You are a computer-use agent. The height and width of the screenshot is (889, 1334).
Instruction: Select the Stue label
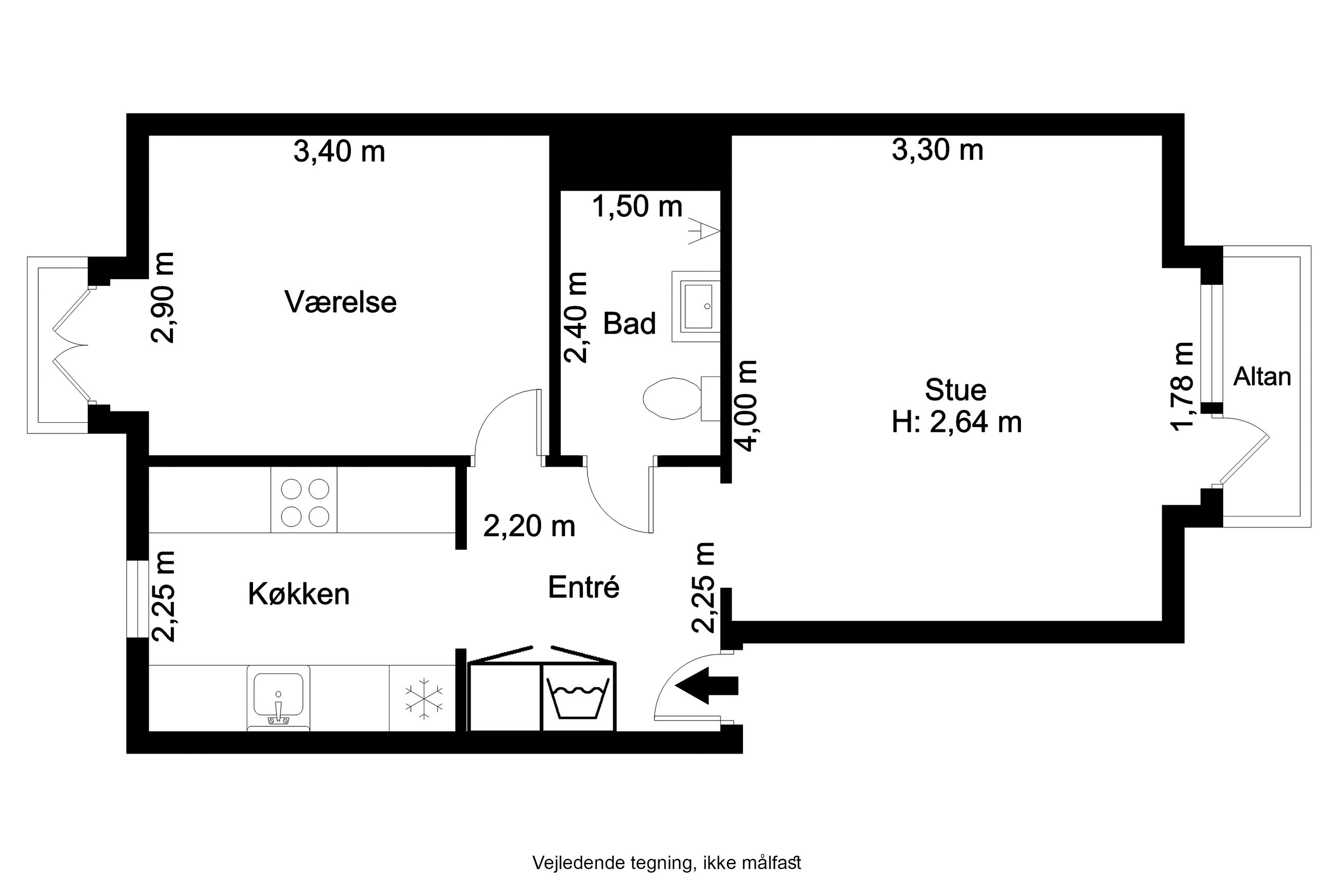(955, 389)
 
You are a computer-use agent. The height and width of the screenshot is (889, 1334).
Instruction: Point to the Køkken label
(299, 594)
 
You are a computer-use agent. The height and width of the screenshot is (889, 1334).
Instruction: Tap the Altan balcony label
(1262, 377)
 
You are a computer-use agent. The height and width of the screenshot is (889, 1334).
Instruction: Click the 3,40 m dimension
(339, 151)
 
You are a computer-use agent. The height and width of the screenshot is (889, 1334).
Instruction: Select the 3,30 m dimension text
(937, 150)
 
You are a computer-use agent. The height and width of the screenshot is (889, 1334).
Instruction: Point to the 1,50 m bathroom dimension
(637, 206)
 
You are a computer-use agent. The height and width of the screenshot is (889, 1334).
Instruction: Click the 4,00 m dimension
(747, 405)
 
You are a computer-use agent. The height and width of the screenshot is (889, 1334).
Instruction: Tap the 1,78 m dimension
(1183, 387)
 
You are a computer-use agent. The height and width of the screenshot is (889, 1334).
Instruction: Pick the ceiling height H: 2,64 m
(956, 422)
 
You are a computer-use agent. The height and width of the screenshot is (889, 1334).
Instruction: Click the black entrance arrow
(706, 685)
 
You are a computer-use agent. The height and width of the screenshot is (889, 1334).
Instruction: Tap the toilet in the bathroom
(681, 398)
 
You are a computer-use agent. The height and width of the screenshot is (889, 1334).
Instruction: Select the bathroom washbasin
(696, 306)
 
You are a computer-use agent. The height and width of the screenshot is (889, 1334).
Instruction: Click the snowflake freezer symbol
(423, 699)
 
